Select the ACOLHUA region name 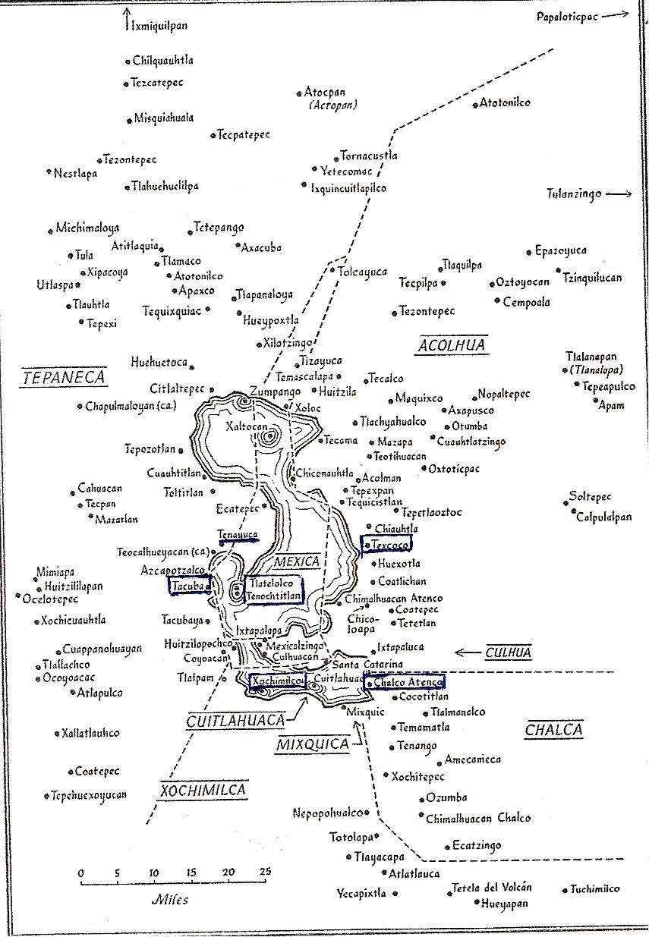(x=451, y=346)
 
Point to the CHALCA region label (x=554, y=730)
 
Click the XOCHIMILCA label (x=203, y=791)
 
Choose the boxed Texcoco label (x=387, y=544)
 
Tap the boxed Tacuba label (x=189, y=585)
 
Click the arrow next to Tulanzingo (x=619, y=194)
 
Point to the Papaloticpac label (x=573, y=16)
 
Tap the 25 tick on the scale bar (x=263, y=873)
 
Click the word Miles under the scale (x=170, y=901)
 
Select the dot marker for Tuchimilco (x=566, y=890)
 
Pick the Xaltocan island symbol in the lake (x=268, y=436)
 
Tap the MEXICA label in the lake (x=298, y=562)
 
